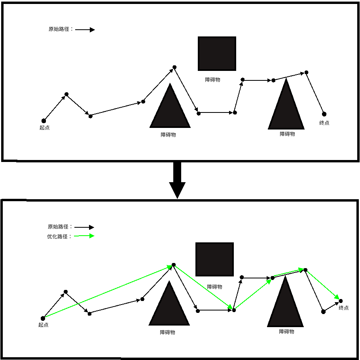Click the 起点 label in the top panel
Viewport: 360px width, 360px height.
pos(45,128)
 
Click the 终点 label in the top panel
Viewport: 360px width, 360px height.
pos(324,123)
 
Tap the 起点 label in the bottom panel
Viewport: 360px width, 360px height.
pos(44,325)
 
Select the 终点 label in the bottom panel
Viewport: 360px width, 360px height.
pos(344,308)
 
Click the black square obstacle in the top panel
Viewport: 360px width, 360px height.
pos(217,53)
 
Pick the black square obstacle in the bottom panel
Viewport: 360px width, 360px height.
pos(214,259)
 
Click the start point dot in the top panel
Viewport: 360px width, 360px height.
pos(44,121)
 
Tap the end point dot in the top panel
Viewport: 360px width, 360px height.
pos(324,114)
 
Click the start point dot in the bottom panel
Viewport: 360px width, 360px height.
pos(43,318)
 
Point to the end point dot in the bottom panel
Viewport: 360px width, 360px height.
pos(341,301)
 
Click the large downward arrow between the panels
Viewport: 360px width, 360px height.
pos(177,180)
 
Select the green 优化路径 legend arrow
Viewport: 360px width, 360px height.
pos(84,236)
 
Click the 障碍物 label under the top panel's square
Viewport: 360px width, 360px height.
pos(212,80)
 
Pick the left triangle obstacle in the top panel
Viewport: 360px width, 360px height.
pos(170,111)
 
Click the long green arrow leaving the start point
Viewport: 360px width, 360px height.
pos(107,291)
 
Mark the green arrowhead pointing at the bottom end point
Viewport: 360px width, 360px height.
pos(336,297)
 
